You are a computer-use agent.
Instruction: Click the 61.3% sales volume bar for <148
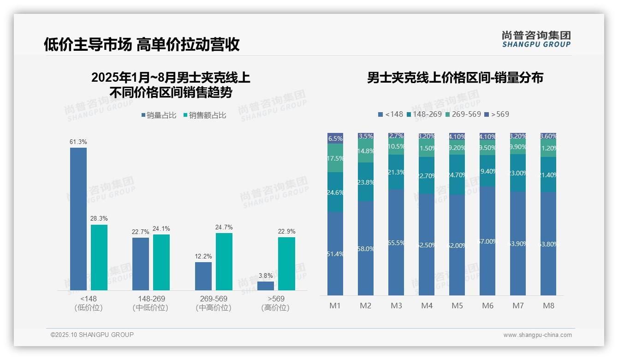78,219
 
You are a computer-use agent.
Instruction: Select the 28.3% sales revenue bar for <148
99,258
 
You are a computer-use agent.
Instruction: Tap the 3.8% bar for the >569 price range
266,286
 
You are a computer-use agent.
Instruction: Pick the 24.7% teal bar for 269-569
224,261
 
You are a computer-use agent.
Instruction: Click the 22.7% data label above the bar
140,232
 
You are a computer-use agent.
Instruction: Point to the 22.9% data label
286,231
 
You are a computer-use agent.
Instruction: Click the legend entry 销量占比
159,115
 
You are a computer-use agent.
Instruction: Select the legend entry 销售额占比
205,115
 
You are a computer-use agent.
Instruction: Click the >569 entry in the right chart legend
497,114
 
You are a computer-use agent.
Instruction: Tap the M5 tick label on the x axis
457,306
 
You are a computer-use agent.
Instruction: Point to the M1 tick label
335,306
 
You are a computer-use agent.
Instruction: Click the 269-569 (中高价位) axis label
213,303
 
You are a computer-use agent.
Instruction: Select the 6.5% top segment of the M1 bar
335,138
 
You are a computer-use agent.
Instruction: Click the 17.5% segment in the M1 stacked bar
335,158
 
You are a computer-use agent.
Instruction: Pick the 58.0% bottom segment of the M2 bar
366,248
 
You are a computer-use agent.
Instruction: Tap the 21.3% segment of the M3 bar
396,172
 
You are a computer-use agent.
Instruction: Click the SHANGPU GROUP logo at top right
536,39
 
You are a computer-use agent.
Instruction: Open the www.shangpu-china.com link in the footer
537,335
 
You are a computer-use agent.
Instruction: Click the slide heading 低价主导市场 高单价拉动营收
142,44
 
